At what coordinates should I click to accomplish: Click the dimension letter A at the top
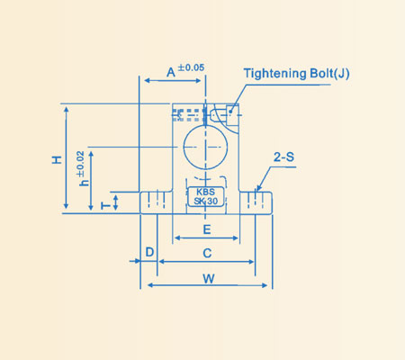tap(171, 71)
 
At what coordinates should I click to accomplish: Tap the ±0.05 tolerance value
tap(192, 67)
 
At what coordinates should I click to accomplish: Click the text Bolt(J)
tap(328, 73)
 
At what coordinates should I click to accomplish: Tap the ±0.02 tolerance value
tap(81, 163)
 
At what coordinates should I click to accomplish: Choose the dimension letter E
tap(206, 230)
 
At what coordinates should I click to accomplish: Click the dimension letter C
tap(207, 253)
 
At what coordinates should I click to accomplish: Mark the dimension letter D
tap(149, 252)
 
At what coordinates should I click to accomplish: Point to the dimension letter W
tap(208, 278)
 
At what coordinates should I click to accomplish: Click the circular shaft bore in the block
tap(206, 146)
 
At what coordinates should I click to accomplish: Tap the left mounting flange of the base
tap(155, 202)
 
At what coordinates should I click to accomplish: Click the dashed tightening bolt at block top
tap(200, 114)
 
